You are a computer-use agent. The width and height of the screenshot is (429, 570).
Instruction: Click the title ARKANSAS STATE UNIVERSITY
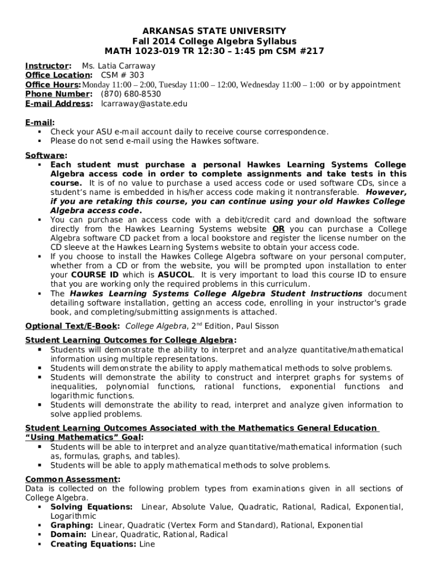214,31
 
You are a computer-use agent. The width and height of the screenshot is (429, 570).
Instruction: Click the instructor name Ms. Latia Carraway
119,66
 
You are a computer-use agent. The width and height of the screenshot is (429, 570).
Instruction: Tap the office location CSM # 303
122,75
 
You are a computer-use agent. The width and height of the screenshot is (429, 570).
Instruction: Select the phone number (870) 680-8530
130,94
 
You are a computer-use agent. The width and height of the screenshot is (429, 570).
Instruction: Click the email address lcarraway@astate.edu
144,104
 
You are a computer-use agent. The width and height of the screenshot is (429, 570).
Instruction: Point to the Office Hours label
53,85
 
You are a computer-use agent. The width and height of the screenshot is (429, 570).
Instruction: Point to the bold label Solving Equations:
91,507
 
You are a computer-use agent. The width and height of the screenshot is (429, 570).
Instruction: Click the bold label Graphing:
72,525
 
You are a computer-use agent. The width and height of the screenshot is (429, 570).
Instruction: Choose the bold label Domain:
69,534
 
